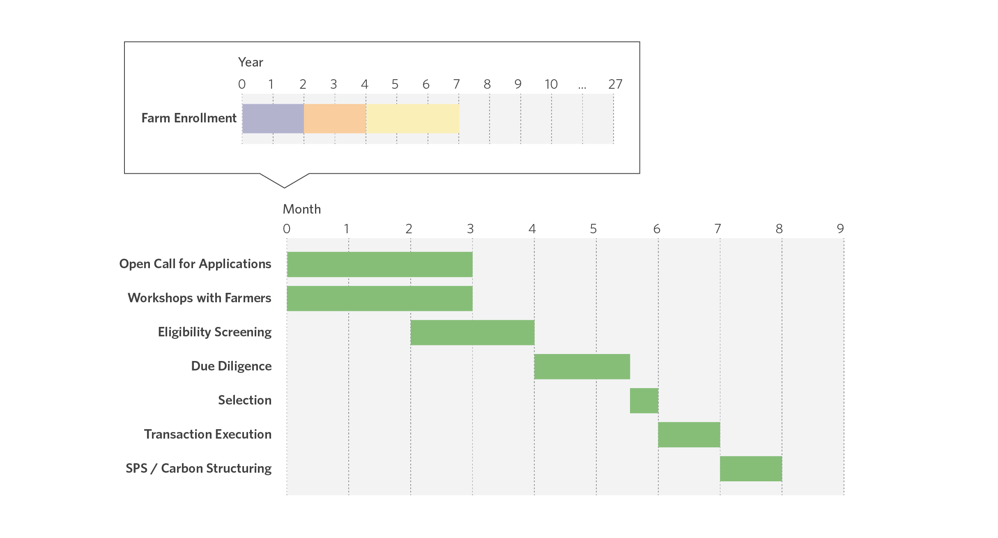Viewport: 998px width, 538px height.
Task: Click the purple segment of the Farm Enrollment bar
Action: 273,119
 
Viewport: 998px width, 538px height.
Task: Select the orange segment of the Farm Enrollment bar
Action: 335,119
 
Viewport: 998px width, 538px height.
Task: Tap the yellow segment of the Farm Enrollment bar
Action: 412,119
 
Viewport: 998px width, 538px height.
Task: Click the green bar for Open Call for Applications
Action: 379,264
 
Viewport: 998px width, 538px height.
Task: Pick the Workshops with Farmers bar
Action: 379,299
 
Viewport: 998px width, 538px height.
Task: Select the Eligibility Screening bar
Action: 472,333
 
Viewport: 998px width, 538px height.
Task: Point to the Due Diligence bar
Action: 582,367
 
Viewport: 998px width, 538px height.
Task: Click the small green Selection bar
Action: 644,401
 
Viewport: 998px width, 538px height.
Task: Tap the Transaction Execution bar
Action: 689,435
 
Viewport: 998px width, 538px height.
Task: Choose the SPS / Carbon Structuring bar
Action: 751,469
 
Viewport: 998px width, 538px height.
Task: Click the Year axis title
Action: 251,62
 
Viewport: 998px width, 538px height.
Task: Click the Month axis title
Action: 302,209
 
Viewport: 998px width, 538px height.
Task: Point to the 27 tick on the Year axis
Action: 615,84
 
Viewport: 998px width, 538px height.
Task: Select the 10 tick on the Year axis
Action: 551,84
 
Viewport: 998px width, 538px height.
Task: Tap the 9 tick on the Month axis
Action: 840,229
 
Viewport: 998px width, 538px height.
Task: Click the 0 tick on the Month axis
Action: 287,229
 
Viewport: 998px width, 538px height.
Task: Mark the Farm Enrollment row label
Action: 189,118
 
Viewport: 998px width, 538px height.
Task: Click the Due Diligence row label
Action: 231,366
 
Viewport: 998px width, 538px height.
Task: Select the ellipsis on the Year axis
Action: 582,87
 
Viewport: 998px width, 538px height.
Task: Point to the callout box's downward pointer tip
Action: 284,188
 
